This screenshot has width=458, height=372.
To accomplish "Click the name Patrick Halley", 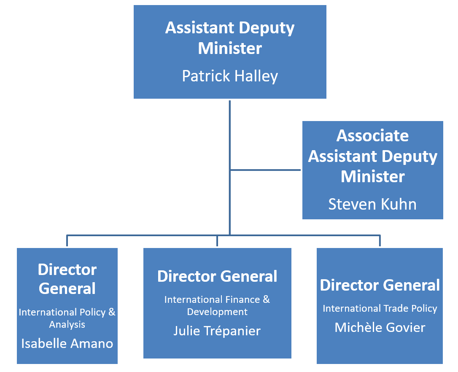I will [230, 76].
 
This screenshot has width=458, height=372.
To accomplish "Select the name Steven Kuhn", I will [372, 204].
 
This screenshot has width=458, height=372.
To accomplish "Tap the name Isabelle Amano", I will [67, 343].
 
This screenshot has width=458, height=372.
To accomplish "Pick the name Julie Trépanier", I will [217, 331].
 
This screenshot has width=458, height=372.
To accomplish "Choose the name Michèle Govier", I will [380, 327].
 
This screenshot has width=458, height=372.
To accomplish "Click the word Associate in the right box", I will [372, 136].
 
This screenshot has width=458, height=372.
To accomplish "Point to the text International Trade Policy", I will [380, 309].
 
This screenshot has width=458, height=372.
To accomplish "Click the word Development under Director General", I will [217, 312].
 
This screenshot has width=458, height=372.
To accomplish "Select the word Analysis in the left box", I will [67, 325].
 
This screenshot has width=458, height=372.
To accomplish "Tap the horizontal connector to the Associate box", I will [266, 170].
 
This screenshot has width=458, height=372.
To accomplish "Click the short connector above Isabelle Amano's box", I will [67, 241].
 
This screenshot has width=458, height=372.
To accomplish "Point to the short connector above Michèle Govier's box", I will [380, 241].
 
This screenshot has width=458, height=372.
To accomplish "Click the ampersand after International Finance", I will [266, 299].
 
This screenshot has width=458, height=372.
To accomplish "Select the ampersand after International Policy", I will [112, 312].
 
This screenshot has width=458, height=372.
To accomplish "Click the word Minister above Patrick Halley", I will [230, 48].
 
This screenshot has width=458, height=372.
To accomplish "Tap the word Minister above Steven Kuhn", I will [372, 176].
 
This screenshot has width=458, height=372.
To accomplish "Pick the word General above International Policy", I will [67, 288].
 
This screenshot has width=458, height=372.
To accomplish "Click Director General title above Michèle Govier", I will [380, 285].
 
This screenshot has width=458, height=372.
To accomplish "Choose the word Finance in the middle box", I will [245, 299].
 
